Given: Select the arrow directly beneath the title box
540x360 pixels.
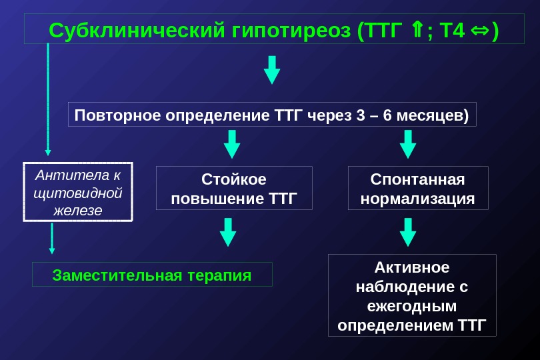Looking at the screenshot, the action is (272, 69).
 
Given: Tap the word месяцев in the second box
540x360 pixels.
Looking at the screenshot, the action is (431, 115).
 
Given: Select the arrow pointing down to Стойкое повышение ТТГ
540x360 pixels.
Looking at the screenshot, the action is (232, 143).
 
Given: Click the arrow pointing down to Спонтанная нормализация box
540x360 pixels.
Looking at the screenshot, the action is (407, 143).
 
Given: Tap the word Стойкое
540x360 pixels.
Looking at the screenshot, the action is (233, 179).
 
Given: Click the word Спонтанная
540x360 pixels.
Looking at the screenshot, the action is (418, 179).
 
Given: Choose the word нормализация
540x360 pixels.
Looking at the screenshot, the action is (418, 199).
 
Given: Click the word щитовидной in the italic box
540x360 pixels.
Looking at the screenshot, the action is (78, 193).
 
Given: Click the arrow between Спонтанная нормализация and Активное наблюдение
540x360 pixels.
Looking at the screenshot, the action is (407, 231).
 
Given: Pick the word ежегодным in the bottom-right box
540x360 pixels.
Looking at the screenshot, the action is (412, 306).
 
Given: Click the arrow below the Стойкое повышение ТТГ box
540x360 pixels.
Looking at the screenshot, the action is (228, 231).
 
